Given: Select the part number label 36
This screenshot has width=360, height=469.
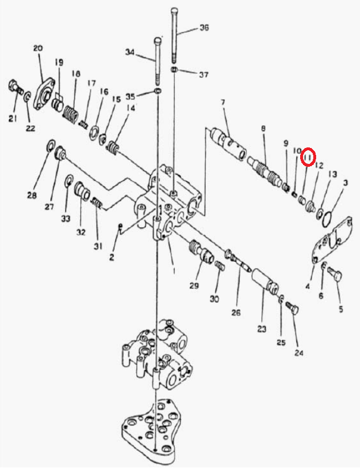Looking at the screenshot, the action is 204,28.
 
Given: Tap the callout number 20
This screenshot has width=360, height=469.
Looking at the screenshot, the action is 38,48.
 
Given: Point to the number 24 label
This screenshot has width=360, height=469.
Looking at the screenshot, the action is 298,353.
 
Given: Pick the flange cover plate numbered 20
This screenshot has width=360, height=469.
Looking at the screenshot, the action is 44,94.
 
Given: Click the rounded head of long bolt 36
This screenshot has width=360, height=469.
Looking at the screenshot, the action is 175,11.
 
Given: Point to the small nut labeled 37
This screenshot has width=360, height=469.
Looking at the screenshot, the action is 174,70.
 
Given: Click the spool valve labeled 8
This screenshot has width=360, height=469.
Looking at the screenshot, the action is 265,172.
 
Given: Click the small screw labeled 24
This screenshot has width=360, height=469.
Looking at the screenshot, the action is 293,308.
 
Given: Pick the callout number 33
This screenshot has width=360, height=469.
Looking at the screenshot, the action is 66,219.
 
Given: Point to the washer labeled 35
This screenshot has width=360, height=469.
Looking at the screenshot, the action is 158,91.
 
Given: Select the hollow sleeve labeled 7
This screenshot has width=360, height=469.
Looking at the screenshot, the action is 228,143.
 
